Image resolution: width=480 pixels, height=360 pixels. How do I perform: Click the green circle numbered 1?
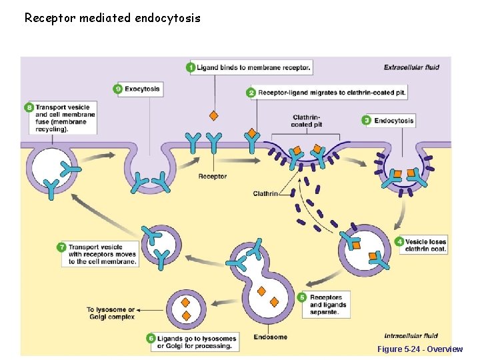(x=191, y=67)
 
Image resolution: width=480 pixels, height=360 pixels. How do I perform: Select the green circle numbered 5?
(x=301, y=297)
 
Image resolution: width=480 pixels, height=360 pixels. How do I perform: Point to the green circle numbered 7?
(x=61, y=247)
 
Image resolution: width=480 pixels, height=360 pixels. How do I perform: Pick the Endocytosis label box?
(x=393, y=121)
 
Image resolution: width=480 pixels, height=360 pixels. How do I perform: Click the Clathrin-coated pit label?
(x=307, y=121)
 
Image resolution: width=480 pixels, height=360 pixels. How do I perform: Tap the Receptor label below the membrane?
(x=213, y=177)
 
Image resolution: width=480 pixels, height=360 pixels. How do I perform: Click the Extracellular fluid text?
(x=411, y=67)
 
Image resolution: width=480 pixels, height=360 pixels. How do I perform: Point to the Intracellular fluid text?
(x=411, y=335)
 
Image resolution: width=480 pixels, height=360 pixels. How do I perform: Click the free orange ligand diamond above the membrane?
(x=214, y=115)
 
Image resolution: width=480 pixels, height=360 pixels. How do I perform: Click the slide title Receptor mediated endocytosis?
(x=112, y=18)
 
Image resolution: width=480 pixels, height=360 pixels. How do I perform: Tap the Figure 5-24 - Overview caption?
(x=419, y=349)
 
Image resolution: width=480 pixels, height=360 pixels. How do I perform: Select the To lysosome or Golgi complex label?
(x=111, y=313)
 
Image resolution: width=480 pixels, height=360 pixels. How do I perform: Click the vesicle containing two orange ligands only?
(x=187, y=308)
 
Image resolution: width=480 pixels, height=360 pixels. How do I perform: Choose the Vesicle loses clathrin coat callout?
(x=425, y=245)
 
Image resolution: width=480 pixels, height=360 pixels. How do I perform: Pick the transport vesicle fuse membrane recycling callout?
(x=65, y=118)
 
